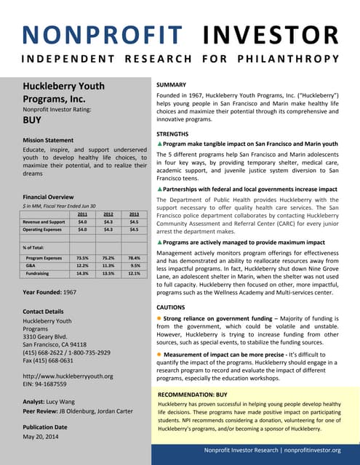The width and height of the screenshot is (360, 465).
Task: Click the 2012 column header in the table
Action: (x=108, y=214)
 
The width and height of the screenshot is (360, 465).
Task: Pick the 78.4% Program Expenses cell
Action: (x=133, y=257)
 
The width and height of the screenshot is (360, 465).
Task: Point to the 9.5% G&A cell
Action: (x=135, y=265)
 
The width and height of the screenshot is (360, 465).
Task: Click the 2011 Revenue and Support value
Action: (x=82, y=222)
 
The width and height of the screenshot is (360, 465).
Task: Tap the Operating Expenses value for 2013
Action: (x=133, y=230)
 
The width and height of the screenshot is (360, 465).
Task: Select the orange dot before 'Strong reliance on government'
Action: (x=160, y=319)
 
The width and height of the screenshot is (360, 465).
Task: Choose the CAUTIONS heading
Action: (x=176, y=308)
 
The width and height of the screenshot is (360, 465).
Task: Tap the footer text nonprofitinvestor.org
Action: (x=311, y=450)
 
